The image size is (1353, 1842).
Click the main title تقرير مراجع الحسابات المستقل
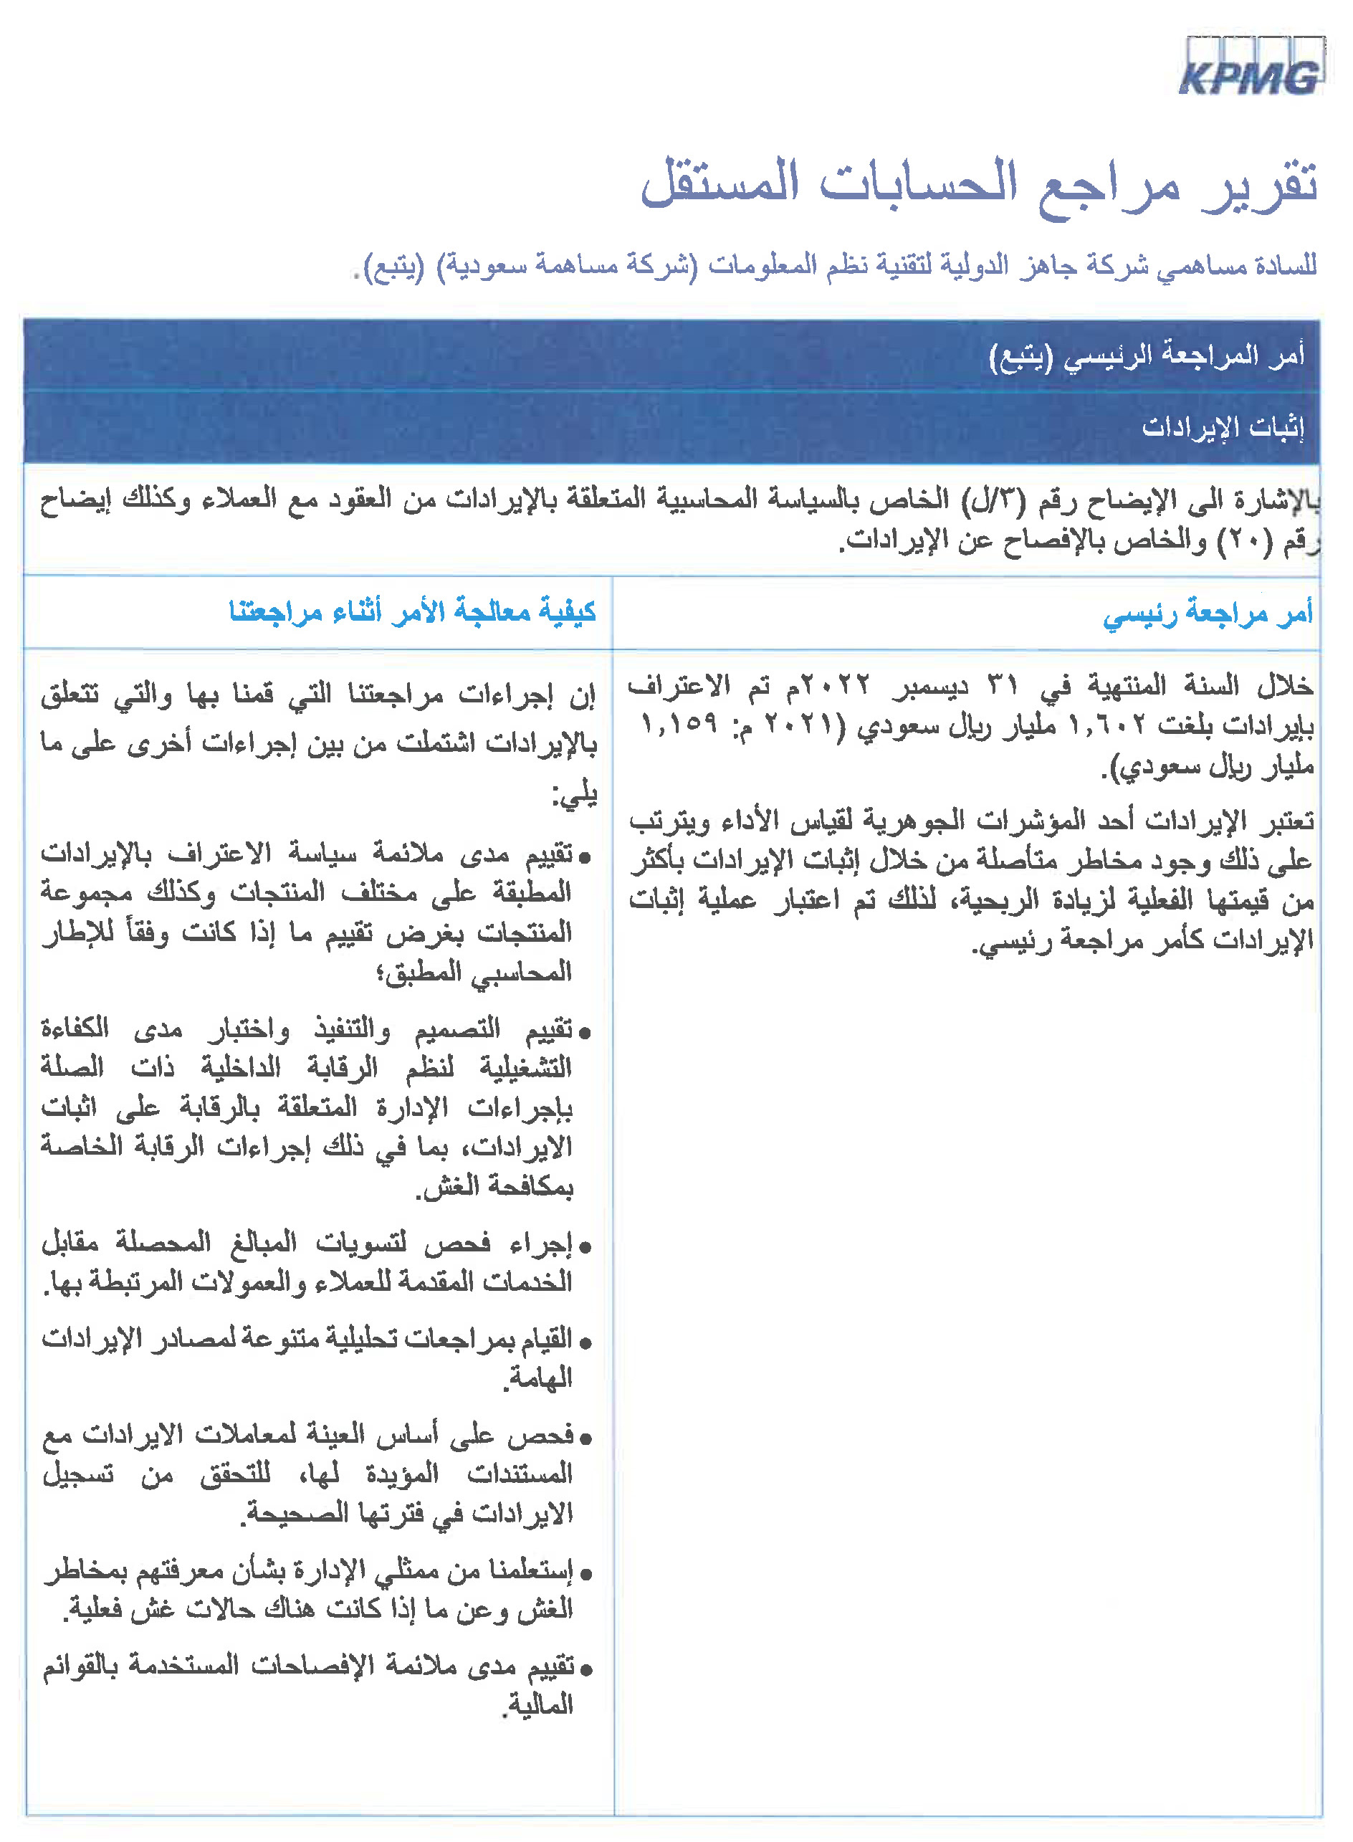[979, 183]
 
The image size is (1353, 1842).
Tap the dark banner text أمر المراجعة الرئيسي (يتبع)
[1146, 356]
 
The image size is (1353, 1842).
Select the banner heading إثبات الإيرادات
[1222, 426]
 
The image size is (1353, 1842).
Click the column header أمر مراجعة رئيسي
[1208, 614]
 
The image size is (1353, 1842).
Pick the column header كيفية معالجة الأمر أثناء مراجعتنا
[412, 611]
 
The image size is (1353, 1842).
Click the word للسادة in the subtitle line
[1286, 265]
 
